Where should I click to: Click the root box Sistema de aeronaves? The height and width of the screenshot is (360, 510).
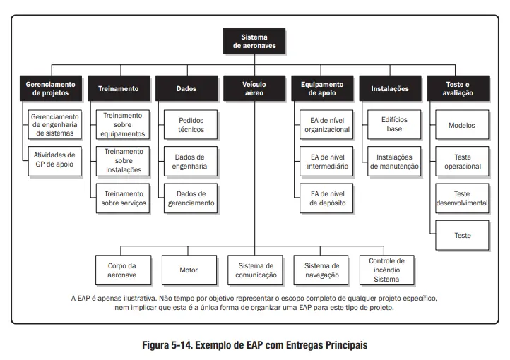254,42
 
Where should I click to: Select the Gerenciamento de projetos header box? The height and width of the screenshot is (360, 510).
51,88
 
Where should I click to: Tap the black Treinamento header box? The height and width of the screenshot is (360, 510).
118,88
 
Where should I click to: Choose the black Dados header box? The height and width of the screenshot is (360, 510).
186,88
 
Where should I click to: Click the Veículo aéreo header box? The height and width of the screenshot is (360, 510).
254,88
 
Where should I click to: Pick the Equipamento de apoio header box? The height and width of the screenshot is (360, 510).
322,88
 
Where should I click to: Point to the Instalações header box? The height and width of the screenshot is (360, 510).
390,88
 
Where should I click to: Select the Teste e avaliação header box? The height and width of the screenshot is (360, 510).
458,88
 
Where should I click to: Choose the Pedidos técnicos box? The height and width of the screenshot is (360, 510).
191,125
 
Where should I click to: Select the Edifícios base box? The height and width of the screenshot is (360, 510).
394,125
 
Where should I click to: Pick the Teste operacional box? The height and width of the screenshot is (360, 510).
463,162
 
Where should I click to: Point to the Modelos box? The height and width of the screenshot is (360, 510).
463,125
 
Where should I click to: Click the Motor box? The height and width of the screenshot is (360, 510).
189,270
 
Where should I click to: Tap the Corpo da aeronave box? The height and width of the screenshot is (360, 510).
121,270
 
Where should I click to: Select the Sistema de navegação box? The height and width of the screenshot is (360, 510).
321,270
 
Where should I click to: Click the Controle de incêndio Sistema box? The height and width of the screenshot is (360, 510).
387,270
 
